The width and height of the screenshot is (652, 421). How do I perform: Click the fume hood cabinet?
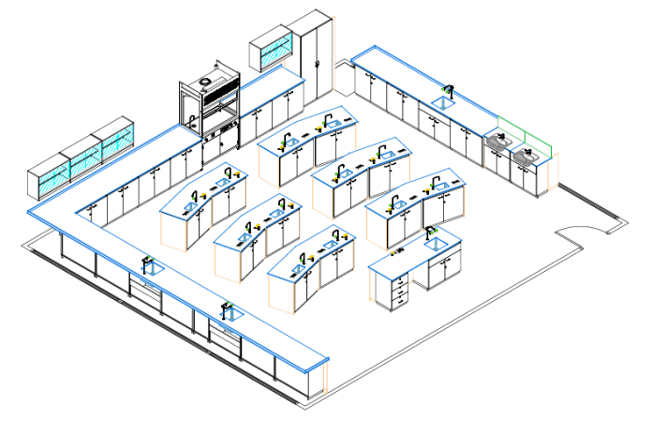210,113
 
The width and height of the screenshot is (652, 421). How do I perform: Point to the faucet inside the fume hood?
193,119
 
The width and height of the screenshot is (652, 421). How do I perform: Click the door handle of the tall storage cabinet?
319,64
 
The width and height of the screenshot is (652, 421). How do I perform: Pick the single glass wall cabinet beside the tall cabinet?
271,52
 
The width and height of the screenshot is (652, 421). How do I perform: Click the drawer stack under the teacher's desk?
400,292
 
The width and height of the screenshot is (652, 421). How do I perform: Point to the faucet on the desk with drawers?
429,232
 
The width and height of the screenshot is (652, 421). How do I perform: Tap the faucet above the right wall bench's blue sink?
449,91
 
